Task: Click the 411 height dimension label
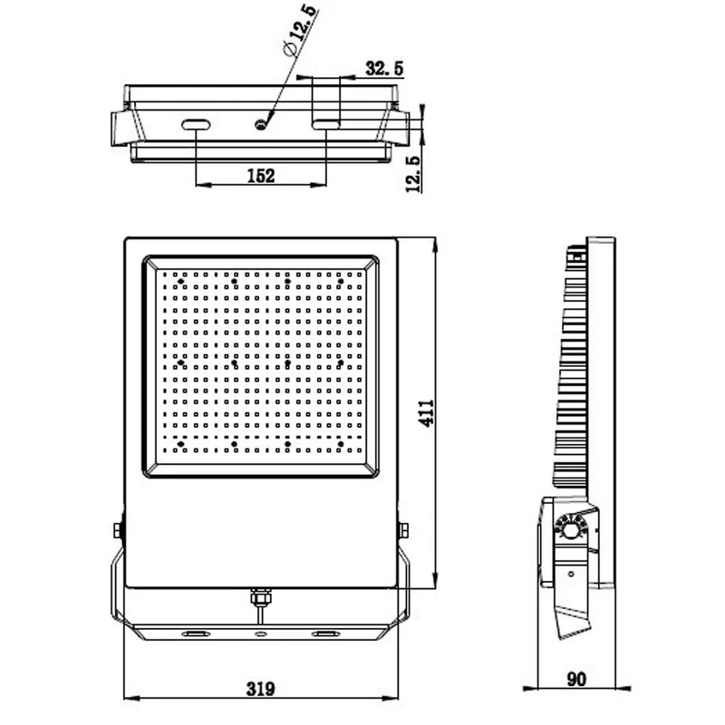[x=426, y=413]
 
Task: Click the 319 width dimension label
[x=261, y=689]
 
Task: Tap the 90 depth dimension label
[x=576, y=679]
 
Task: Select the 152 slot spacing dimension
[x=261, y=176]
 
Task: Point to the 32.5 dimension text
[x=384, y=69]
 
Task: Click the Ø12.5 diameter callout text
[x=300, y=30]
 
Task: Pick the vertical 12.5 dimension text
[x=413, y=174]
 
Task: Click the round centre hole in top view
[x=261, y=124]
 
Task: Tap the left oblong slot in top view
[x=196, y=124]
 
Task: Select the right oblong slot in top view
[x=326, y=124]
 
